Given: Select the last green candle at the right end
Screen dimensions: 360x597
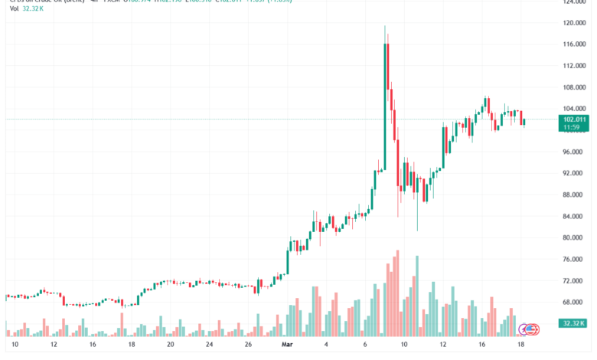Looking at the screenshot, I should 524,122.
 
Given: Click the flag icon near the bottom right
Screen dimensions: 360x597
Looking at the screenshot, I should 532,329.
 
